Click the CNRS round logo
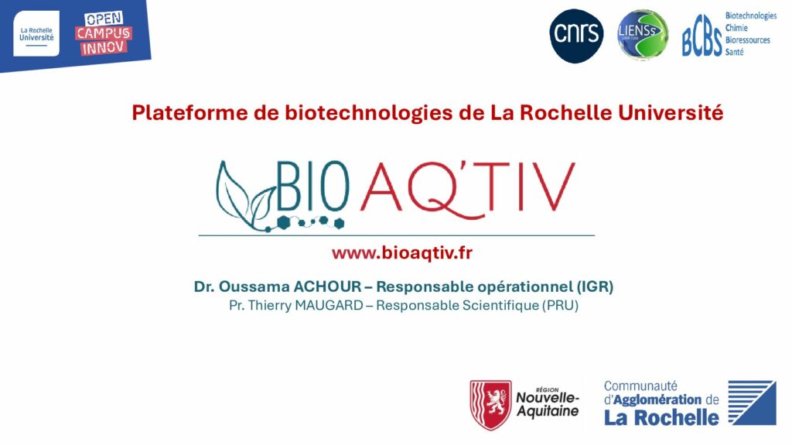pos(576,36)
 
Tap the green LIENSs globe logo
pos(643,35)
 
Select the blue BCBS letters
pos(702,41)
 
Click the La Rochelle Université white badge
pos(36,33)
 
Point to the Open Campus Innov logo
pos(104,33)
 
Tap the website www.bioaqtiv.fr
pos(402,253)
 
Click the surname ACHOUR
pos(327,286)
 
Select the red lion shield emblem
pos(491,405)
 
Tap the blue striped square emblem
pos(752,403)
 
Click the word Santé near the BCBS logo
pos(735,52)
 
